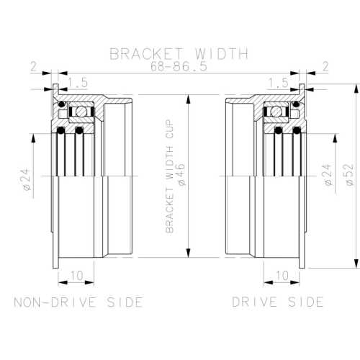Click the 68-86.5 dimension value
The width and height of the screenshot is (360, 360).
click(x=179, y=66)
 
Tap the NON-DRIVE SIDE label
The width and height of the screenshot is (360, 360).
click(x=78, y=301)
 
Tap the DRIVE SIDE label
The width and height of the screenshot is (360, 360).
click(x=277, y=301)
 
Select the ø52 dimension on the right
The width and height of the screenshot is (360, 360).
click(x=348, y=175)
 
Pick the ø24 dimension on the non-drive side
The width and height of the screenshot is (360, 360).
click(x=27, y=179)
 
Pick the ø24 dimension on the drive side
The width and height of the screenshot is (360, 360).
click(x=328, y=175)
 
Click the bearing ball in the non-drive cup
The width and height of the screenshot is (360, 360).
click(x=78, y=112)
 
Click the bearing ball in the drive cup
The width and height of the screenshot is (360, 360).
click(x=276, y=112)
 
